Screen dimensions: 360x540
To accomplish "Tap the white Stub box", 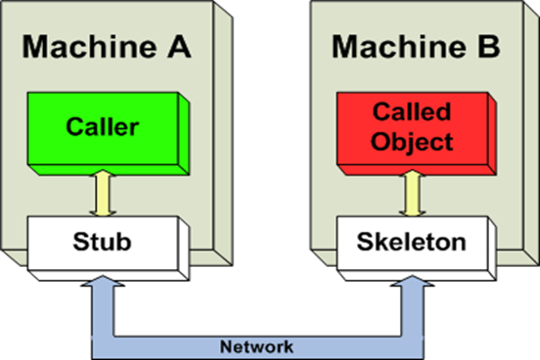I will click(x=104, y=238).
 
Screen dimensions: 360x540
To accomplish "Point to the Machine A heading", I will click(x=109, y=45).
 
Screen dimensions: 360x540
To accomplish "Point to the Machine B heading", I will click(x=417, y=45).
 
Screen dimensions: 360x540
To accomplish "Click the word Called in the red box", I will click(x=414, y=115).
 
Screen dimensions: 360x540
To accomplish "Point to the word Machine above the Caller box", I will click(x=94, y=45).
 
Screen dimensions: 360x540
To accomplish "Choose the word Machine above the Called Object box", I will click(x=402, y=45).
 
